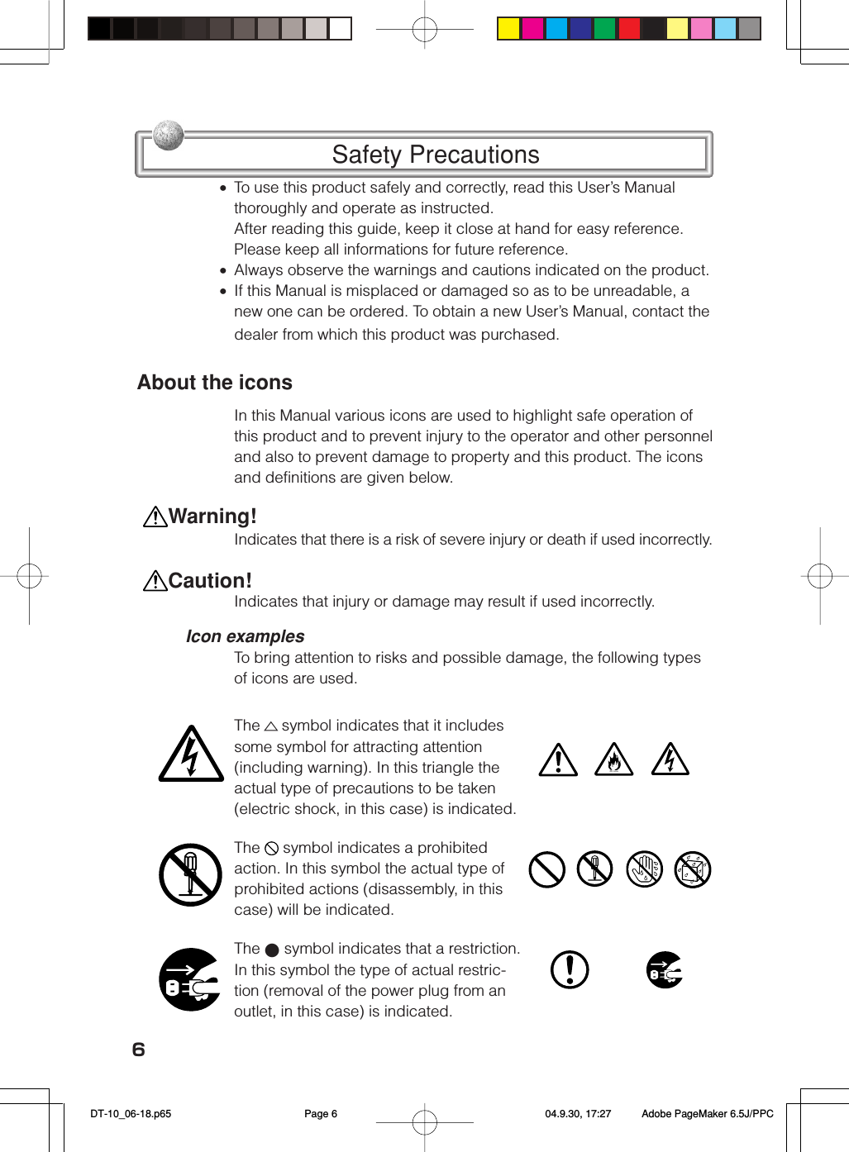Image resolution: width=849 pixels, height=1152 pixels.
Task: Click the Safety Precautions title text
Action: coord(435,155)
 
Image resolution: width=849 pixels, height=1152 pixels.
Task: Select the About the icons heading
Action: coord(215,383)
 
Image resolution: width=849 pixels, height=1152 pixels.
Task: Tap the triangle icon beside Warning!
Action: coord(155,517)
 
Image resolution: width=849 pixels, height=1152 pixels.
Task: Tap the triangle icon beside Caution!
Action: coord(155,582)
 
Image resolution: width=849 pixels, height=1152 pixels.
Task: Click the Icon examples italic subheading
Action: coord(245,636)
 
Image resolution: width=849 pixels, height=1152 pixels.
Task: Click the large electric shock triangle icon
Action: coord(191,755)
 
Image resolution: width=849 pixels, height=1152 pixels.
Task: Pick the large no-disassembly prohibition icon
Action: coord(191,875)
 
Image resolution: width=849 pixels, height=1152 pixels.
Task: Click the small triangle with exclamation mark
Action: coord(558,760)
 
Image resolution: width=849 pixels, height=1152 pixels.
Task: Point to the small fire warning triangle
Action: coord(613,760)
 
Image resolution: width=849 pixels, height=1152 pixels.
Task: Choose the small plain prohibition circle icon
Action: coord(546,869)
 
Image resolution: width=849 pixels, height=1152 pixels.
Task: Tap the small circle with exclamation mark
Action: coord(570,969)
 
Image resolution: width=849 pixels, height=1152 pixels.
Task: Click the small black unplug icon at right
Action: coord(665,969)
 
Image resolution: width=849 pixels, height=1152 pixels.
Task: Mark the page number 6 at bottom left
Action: coord(139,1050)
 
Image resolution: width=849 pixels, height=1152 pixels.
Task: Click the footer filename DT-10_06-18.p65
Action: coord(131,1114)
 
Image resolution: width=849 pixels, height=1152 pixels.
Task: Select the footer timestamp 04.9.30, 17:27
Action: coord(578,1114)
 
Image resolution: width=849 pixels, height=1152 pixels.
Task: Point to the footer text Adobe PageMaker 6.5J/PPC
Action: coord(708,1114)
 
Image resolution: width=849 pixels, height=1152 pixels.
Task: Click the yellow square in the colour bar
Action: coord(508,29)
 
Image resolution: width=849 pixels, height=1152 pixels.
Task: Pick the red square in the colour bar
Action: coord(629,29)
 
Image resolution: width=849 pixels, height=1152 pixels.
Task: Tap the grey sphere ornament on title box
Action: coord(169,135)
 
